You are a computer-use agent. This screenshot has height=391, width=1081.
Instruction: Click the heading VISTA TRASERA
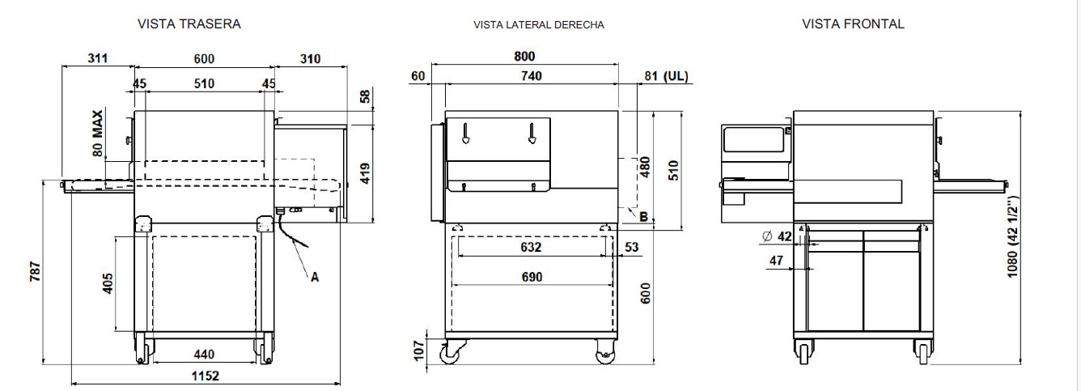click(x=190, y=24)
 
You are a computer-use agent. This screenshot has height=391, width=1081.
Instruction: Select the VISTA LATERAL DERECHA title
click(x=538, y=25)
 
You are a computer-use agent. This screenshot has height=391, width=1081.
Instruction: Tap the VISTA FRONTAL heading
click(x=853, y=24)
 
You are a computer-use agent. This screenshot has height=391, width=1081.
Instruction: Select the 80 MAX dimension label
click(x=98, y=133)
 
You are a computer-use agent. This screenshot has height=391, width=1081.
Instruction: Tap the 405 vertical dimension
click(x=108, y=283)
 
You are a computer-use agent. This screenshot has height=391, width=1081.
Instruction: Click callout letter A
click(x=316, y=277)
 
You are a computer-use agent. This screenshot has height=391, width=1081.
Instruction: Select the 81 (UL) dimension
click(x=667, y=76)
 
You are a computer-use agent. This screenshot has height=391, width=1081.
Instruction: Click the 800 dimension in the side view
click(x=524, y=57)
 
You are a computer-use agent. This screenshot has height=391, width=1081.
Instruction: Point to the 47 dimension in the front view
click(x=774, y=261)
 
